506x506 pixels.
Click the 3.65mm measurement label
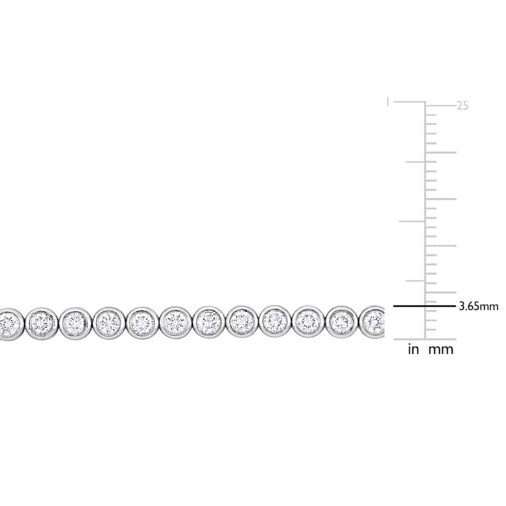click(x=479, y=306)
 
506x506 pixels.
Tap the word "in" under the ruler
click(x=413, y=349)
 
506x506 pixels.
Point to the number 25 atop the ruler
click(x=462, y=106)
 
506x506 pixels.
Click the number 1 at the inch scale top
click(x=388, y=102)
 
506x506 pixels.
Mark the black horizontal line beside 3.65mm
click(x=424, y=306)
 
